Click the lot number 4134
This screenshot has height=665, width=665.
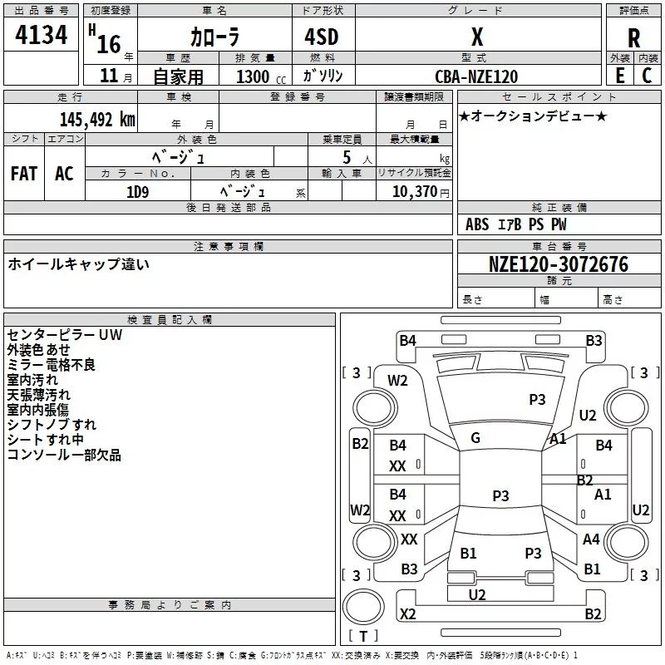click(x=41, y=35)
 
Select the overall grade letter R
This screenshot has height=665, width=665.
click(x=633, y=38)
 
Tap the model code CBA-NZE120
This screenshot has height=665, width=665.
click(x=476, y=76)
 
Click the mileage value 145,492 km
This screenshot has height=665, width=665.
click(x=97, y=120)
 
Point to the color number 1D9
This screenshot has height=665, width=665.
click(x=137, y=192)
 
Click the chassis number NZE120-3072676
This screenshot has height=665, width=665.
click(x=559, y=264)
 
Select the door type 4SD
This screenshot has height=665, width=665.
click(x=322, y=37)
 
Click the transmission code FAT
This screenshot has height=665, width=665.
click(x=24, y=174)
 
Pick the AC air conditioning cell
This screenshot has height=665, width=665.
click(x=64, y=174)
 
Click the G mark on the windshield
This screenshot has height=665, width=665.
click(x=475, y=438)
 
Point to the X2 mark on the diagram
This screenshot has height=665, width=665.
click(x=408, y=613)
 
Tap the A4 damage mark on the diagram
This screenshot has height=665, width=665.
click(x=591, y=539)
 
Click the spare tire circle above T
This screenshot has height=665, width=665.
click(x=363, y=607)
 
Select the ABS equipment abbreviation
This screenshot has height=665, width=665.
click(x=477, y=224)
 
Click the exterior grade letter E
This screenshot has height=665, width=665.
click(x=620, y=76)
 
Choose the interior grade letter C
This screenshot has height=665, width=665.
click(x=647, y=76)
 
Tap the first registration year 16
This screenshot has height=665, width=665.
click(x=109, y=44)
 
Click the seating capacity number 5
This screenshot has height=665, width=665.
click(x=347, y=157)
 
